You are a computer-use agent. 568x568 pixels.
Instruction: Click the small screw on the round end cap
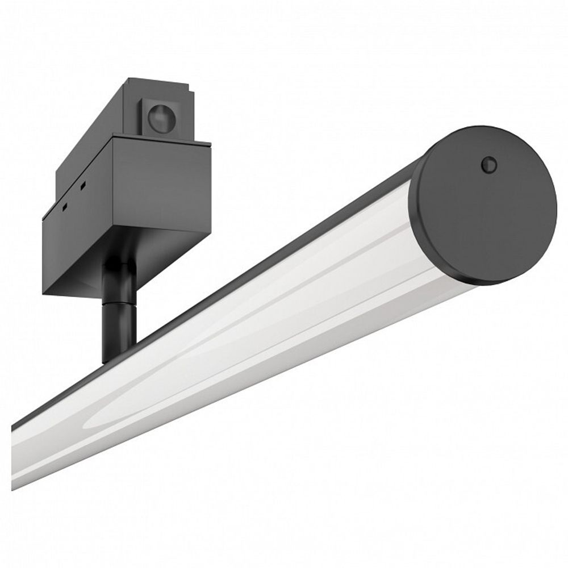pyautogui.click(x=488, y=165)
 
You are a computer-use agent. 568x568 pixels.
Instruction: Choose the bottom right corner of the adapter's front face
pyautogui.click(x=210, y=230)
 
